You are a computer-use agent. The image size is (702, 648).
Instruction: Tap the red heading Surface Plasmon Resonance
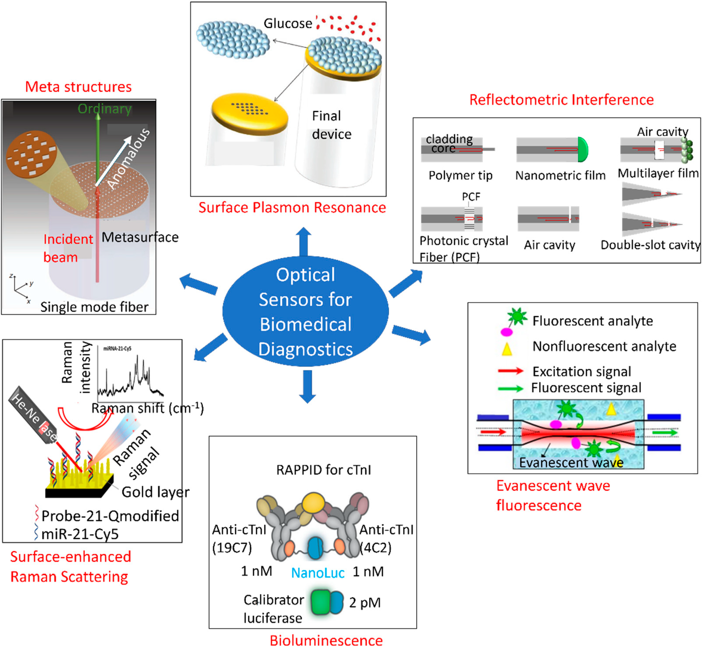[292, 208]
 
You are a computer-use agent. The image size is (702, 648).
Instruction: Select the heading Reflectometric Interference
[561, 100]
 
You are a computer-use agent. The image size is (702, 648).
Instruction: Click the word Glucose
[288, 23]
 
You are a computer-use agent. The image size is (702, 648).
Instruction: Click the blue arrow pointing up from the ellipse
[304, 241]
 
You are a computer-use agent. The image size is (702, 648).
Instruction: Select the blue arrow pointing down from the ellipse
[308, 386]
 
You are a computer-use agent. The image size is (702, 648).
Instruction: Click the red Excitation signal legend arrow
[511, 371]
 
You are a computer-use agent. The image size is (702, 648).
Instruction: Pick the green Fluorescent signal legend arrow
[511, 388]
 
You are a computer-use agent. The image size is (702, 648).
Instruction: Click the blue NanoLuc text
[318, 573]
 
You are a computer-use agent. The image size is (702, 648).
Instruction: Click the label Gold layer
[155, 492]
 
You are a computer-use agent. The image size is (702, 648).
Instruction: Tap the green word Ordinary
[105, 109]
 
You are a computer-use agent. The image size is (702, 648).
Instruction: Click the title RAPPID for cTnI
[323, 470]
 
